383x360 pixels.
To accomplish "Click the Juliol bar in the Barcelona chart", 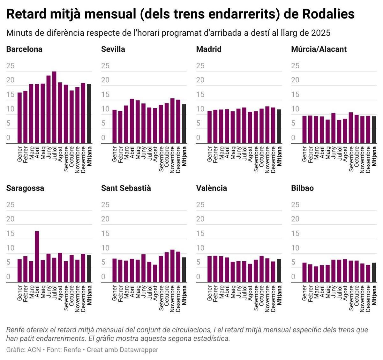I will (x=54, y=107).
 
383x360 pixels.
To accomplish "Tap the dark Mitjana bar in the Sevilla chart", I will (x=184, y=124).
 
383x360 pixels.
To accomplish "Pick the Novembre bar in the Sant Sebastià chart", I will (x=172, y=266).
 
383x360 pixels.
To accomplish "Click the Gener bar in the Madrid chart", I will (x=210, y=127).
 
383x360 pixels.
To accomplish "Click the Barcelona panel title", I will (x=24, y=49).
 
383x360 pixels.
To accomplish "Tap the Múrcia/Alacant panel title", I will (x=319, y=49).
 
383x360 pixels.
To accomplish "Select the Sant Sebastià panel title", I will (x=126, y=188).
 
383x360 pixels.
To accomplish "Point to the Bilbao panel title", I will (x=302, y=188).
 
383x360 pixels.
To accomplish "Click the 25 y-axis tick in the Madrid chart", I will (x=200, y=66).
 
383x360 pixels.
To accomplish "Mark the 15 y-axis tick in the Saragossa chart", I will (x=10, y=234).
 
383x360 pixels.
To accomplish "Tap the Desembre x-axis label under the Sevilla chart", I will (x=178, y=160).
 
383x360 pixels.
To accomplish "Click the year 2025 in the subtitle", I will (x=320, y=33).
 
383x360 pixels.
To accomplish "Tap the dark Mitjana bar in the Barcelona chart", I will (x=89, y=114).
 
